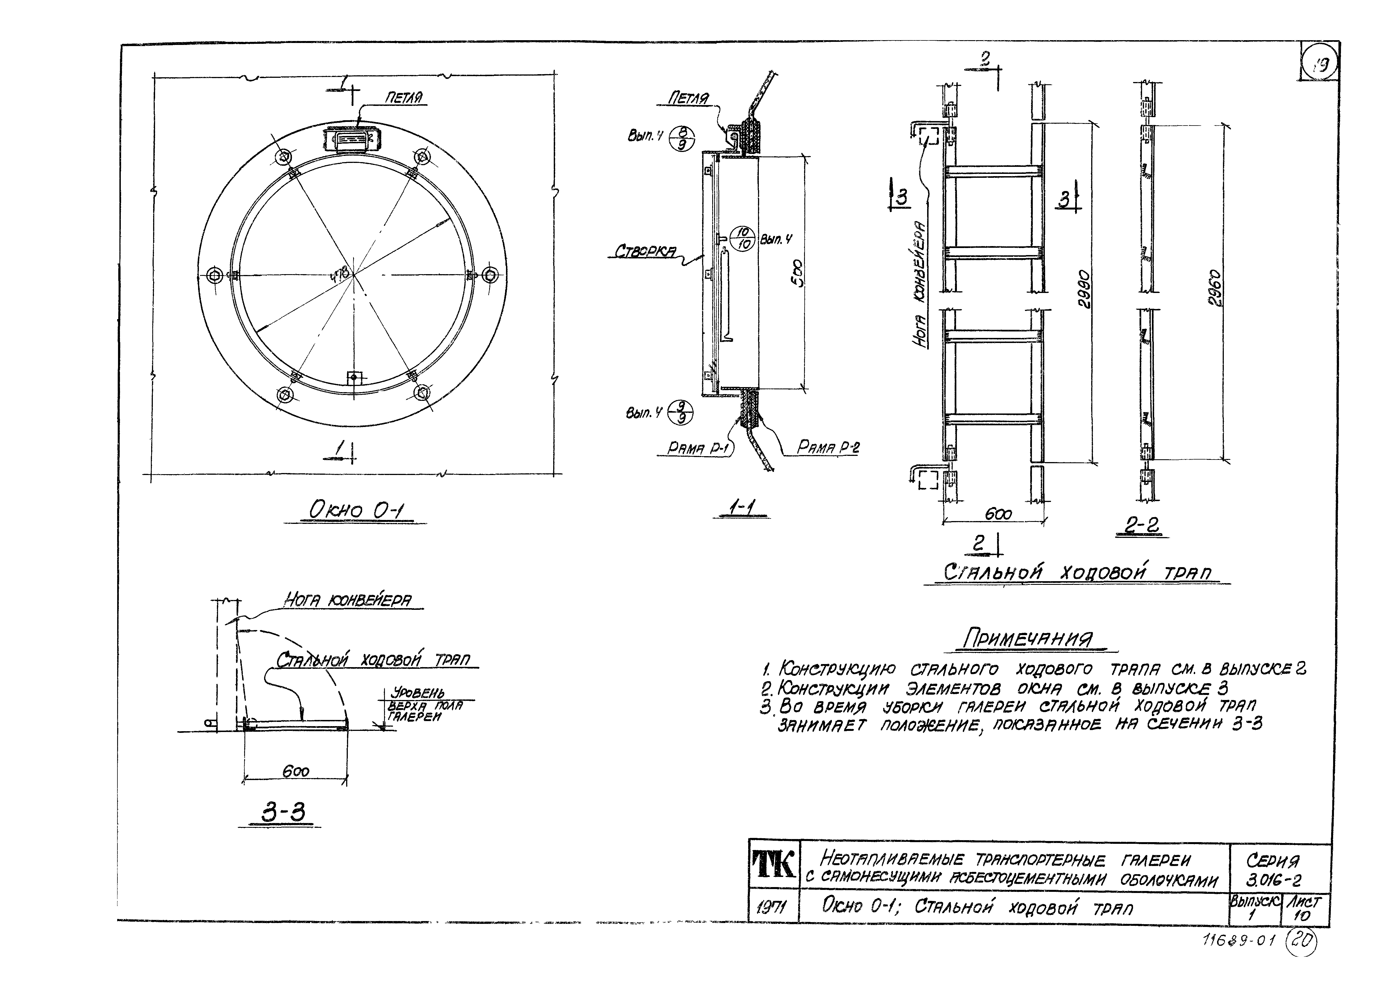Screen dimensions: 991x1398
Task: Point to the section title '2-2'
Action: click(1141, 525)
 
